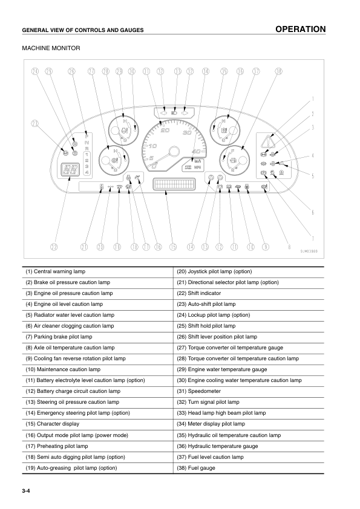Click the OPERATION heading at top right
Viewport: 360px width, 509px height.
[x=300, y=29]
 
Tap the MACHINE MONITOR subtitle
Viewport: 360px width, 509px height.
[x=51, y=48]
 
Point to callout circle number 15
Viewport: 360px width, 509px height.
[x=174, y=247]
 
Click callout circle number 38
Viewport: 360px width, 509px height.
[x=278, y=71]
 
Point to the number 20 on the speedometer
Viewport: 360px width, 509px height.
[x=165, y=131]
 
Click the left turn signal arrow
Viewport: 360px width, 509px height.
[x=163, y=112]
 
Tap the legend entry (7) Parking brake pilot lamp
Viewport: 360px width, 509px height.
[x=59, y=337]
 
